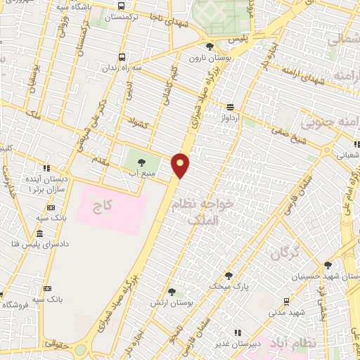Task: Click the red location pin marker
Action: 181,165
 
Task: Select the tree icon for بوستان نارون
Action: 210,46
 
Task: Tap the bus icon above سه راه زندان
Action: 123,57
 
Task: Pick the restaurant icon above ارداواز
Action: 230,107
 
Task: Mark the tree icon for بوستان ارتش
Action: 172,291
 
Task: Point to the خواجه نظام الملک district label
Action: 209,212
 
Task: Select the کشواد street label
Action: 142,124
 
